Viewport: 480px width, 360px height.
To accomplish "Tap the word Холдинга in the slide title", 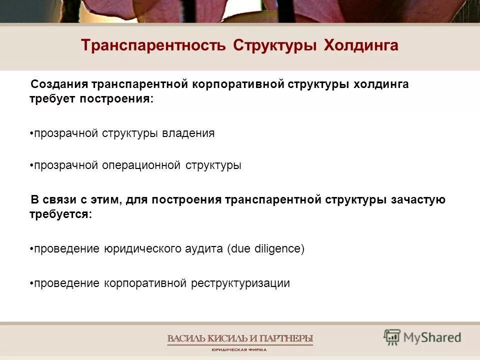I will click(x=361, y=45).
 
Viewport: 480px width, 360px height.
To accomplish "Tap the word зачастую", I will click(x=419, y=200).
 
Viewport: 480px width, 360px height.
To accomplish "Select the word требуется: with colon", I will click(x=60, y=214).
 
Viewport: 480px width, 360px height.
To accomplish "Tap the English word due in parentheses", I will click(x=238, y=248).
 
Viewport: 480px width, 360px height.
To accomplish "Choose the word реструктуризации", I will click(x=240, y=283).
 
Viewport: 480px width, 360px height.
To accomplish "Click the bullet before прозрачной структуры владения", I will click(x=31, y=134).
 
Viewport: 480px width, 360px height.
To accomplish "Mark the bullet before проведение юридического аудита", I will click(x=31, y=249).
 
